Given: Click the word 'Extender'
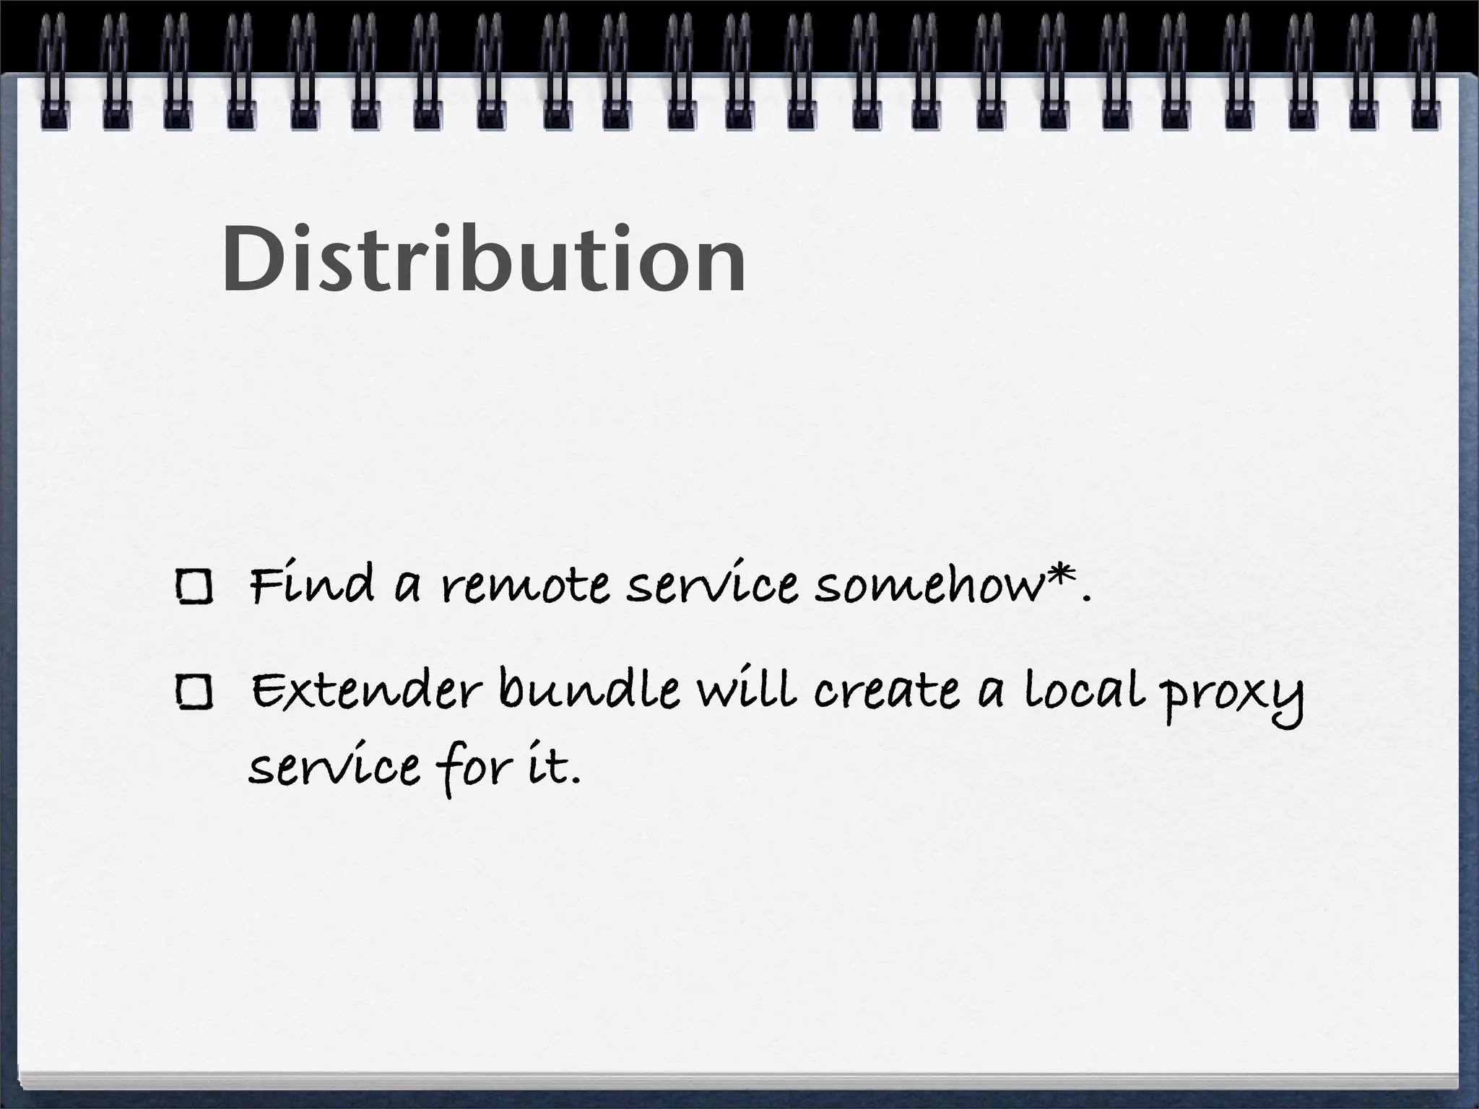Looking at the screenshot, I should [365, 692].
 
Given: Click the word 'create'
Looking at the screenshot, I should [887, 692].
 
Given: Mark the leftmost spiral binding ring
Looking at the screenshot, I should [53, 72].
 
